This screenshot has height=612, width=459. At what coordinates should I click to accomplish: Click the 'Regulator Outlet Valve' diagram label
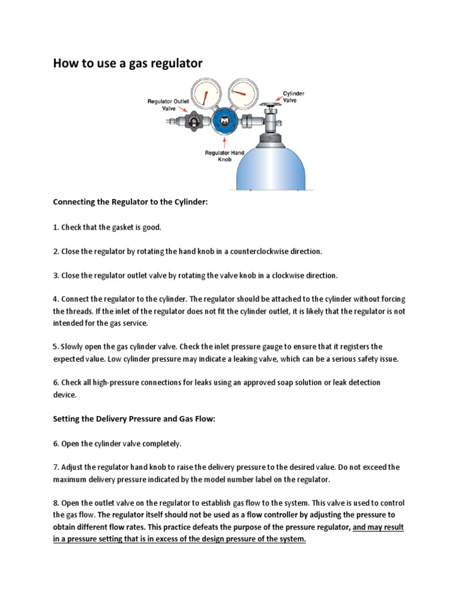[168, 105]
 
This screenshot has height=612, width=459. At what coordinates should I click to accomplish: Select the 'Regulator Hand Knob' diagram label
[225, 157]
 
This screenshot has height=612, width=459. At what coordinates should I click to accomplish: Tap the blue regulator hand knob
[224, 122]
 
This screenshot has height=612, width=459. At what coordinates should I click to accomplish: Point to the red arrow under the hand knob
[225, 142]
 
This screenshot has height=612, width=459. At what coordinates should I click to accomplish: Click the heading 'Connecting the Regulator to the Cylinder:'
[130, 202]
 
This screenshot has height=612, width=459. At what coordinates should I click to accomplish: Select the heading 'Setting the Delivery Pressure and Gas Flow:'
[134, 420]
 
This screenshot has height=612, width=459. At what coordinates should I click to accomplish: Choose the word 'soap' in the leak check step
[305, 382]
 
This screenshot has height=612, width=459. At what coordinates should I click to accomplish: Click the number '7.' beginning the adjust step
[56, 467]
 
